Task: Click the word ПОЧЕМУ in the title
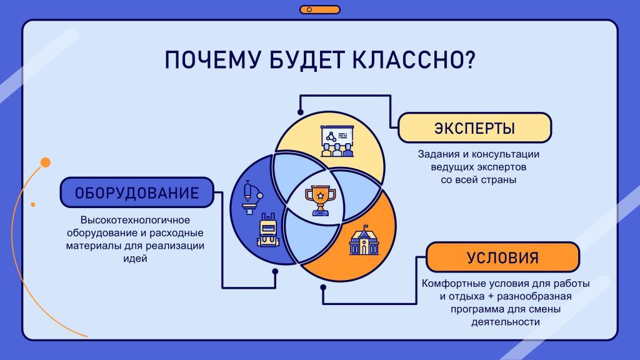[x=212, y=59]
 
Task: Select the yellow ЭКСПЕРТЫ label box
[x=475, y=127]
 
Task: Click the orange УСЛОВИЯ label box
[x=503, y=257]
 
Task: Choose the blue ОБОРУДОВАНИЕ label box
[x=137, y=192]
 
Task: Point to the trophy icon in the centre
[x=321, y=201]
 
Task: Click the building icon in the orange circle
[x=364, y=240]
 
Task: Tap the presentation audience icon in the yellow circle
[x=337, y=141]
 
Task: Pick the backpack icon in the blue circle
[x=268, y=230]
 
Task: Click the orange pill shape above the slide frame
[x=320, y=9]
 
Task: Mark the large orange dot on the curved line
[x=46, y=162]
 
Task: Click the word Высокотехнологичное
[x=135, y=220]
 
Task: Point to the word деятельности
[x=506, y=322]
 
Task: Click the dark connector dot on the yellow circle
[x=301, y=112]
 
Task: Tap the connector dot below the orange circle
[x=323, y=287]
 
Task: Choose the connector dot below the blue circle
[x=275, y=271]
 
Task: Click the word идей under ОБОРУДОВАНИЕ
[x=135, y=258]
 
